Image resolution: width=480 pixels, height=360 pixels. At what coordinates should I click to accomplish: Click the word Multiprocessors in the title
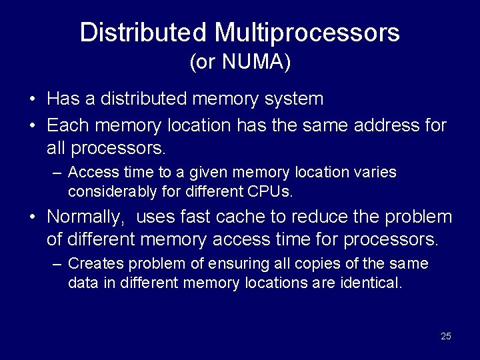pyautogui.click(x=307, y=32)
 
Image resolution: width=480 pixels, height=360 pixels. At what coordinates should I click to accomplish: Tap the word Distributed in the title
pyautogui.click(x=143, y=32)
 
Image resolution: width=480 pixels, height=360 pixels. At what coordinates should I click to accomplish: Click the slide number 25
pyautogui.click(x=446, y=336)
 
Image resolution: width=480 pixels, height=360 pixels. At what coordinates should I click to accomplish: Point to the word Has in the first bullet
pyautogui.click(x=63, y=99)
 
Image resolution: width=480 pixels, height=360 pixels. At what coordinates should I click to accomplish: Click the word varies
pyautogui.click(x=376, y=173)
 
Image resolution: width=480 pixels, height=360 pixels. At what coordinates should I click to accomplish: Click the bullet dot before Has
pyautogui.click(x=33, y=100)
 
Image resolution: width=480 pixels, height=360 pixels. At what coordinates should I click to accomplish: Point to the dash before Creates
pyautogui.click(x=57, y=264)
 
